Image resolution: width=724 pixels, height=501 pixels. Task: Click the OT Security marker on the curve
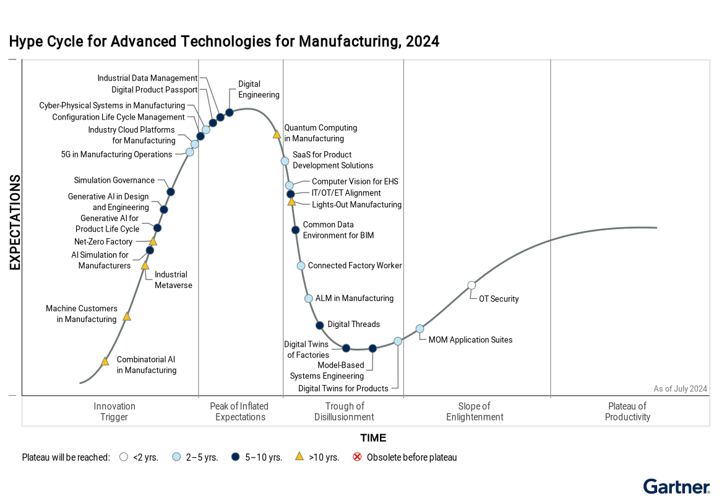[x=472, y=285]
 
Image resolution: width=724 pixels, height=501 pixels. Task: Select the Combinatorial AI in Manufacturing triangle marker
[x=105, y=362]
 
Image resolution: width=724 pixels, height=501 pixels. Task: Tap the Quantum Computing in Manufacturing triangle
[x=277, y=134]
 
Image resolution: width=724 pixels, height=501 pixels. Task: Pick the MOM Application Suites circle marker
[x=420, y=329]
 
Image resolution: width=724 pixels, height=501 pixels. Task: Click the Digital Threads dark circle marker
[x=319, y=325]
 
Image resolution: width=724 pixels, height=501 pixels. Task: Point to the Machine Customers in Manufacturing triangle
[x=127, y=316]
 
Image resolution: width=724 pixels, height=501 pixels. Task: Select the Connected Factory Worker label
[x=355, y=266]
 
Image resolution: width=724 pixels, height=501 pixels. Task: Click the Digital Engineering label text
[x=259, y=89]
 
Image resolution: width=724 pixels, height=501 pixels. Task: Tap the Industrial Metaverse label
[x=173, y=280]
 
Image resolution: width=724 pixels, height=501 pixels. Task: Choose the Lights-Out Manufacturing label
[x=356, y=204]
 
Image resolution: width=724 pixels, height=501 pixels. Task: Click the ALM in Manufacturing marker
[x=309, y=298]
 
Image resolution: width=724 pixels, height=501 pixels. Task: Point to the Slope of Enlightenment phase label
[x=475, y=411]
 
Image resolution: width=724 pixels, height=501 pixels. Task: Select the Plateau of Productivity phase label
[x=627, y=411]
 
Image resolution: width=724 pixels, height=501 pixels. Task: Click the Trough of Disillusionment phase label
[x=344, y=411]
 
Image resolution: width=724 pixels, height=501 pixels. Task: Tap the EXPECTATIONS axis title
[x=15, y=223]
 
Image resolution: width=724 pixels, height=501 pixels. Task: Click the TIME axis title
[x=373, y=438]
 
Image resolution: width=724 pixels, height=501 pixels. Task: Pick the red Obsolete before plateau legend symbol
[x=357, y=457]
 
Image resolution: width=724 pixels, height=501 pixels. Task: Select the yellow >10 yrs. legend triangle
[x=299, y=457]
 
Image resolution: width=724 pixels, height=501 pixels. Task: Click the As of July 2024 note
[x=680, y=389]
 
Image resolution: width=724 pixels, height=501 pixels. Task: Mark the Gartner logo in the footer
[x=676, y=487]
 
